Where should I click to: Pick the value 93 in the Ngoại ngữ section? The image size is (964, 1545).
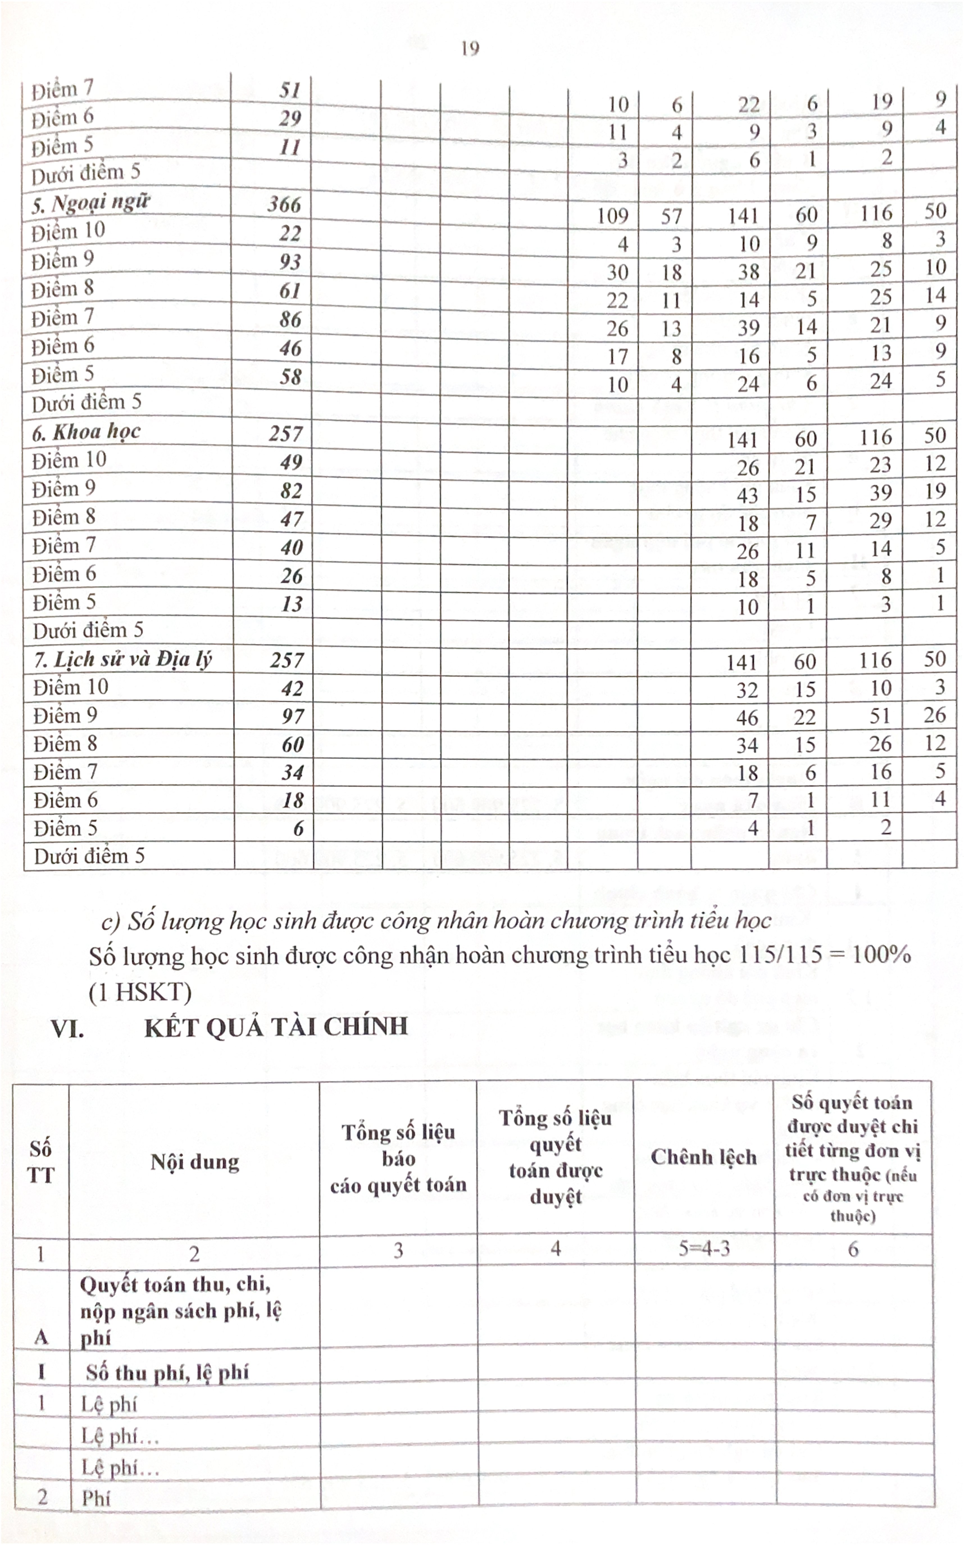coord(290,261)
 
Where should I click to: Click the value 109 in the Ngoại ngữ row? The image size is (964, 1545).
coord(613,216)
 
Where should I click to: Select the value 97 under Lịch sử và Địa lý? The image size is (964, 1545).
coord(293,716)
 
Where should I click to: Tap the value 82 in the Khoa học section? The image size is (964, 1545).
coord(291,490)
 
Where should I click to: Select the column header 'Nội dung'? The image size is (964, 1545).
coord(194,1161)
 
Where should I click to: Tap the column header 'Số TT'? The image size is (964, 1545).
coord(41,1161)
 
